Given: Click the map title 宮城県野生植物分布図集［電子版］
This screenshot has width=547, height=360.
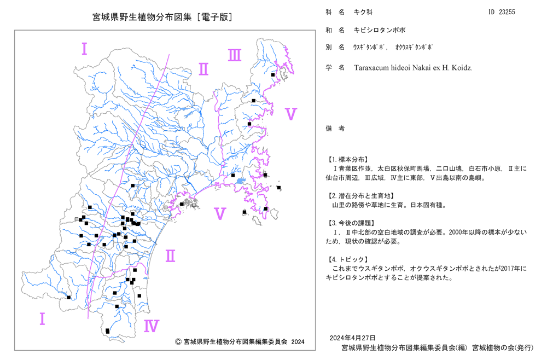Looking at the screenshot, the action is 162,17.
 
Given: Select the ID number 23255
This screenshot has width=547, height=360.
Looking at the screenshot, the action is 507,12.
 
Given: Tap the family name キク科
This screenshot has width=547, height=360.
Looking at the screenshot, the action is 363,12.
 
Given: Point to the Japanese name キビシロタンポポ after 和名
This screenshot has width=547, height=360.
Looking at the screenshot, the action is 380,30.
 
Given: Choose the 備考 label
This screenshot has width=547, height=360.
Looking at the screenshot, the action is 335,129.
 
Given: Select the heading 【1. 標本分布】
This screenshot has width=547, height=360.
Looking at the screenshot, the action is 347,160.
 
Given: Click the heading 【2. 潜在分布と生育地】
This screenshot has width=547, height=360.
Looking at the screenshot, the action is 360,196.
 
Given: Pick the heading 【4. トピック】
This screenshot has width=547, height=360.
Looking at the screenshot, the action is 347,259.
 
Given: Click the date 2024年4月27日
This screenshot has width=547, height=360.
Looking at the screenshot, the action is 353,338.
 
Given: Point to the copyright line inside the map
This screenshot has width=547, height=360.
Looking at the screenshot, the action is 240,342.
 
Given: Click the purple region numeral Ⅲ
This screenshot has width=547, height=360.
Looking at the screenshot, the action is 235,55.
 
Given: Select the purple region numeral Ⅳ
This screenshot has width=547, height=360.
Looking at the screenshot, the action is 152,326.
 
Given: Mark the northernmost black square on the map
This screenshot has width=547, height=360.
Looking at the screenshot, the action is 273,74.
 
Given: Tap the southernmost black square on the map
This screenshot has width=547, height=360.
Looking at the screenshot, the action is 107,331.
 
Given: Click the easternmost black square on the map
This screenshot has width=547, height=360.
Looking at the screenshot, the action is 279,188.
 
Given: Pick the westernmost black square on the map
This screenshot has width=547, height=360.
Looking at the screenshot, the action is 69,298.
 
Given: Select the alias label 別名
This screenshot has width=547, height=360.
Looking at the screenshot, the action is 335,47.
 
